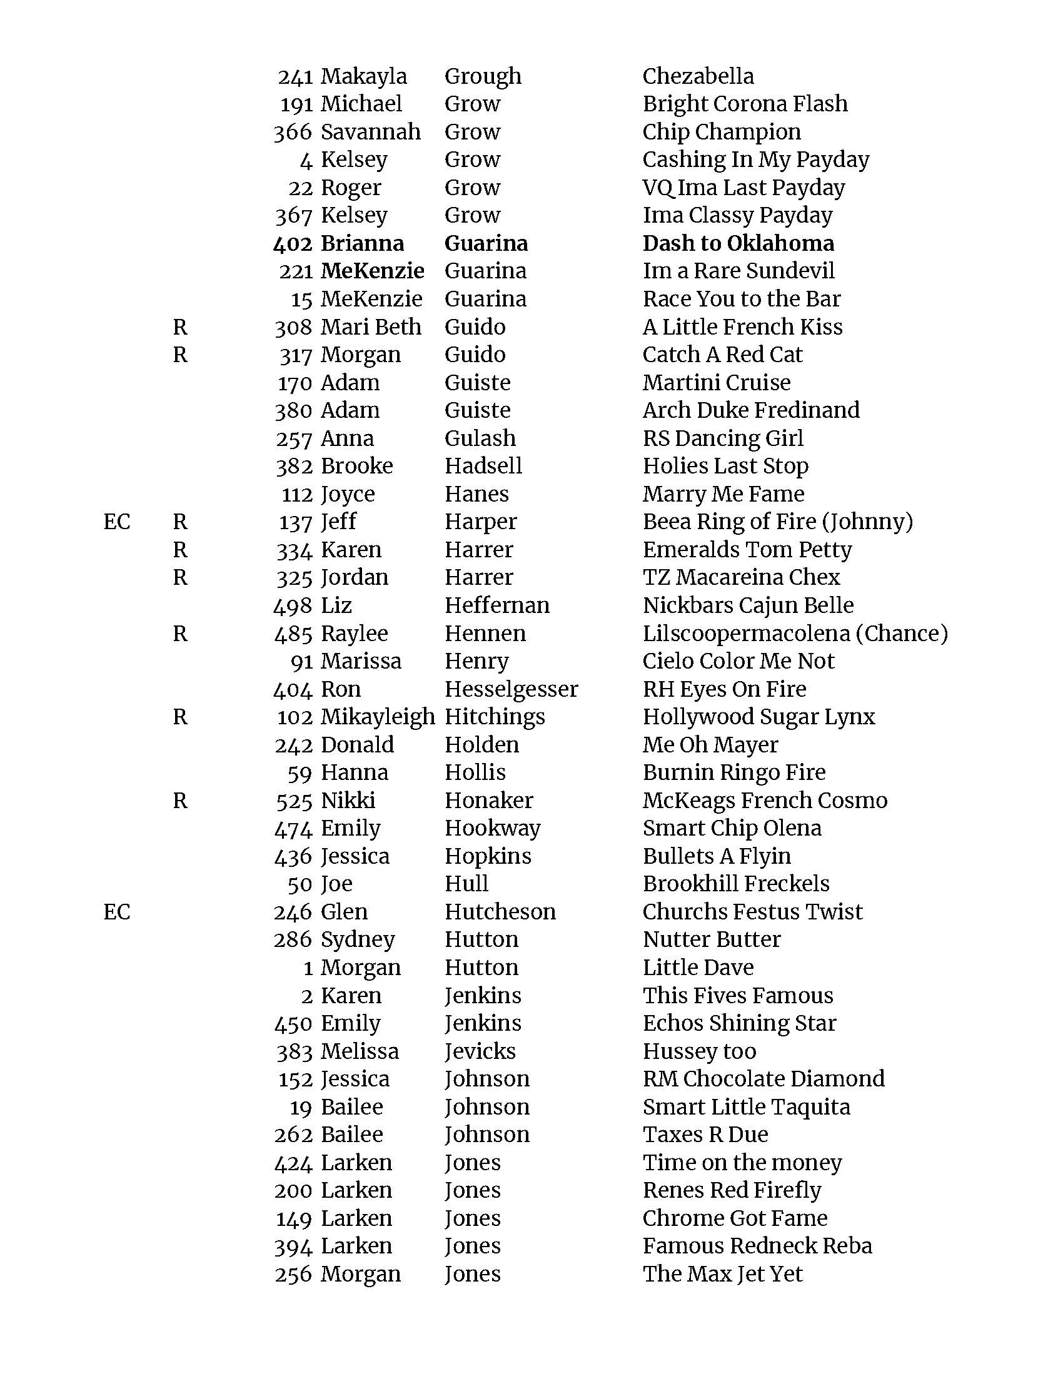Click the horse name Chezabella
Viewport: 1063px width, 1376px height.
click(x=698, y=76)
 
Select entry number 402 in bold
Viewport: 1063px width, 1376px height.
click(x=293, y=243)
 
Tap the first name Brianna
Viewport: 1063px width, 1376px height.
click(x=362, y=243)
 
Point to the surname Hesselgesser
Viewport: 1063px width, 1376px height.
click(x=511, y=689)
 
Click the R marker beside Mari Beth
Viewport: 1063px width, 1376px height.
click(x=180, y=327)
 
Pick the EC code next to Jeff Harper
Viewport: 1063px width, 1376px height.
click(x=116, y=522)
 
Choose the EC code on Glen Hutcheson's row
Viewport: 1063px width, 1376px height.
click(x=116, y=912)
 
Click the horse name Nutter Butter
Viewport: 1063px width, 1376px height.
click(x=712, y=939)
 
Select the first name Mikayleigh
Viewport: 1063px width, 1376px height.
click(x=377, y=716)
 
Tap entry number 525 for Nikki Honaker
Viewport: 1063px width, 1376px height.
click(x=294, y=801)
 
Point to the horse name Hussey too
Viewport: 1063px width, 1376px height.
click(x=699, y=1051)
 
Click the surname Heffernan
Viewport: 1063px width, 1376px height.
click(x=497, y=605)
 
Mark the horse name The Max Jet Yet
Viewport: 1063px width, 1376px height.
click(x=722, y=1273)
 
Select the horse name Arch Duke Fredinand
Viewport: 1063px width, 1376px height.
click(x=750, y=410)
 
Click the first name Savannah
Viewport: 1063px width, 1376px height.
click(x=370, y=132)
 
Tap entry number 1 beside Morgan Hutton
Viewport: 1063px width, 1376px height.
click(x=308, y=968)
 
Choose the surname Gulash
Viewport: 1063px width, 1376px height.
click(x=480, y=438)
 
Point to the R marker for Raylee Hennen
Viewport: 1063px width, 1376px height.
click(x=180, y=633)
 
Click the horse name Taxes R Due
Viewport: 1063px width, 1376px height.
click(x=705, y=1134)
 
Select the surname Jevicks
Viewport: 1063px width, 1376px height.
click(x=480, y=1051)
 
